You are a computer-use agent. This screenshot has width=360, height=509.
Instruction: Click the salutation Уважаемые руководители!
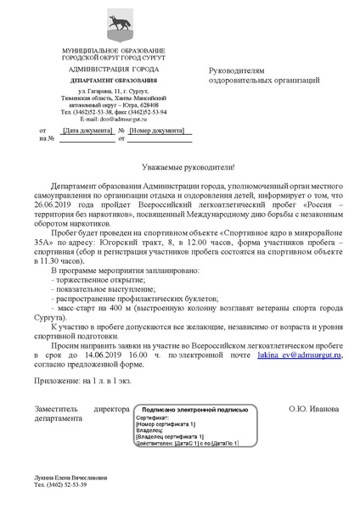pos(180,169)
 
